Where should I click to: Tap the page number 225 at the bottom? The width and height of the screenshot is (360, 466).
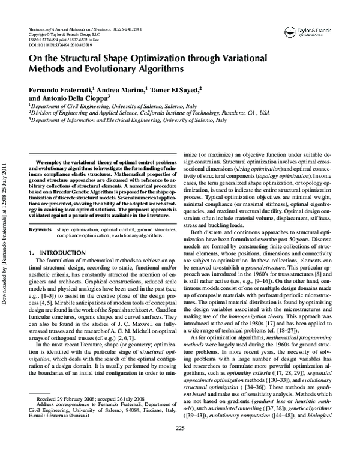point(179,444)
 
